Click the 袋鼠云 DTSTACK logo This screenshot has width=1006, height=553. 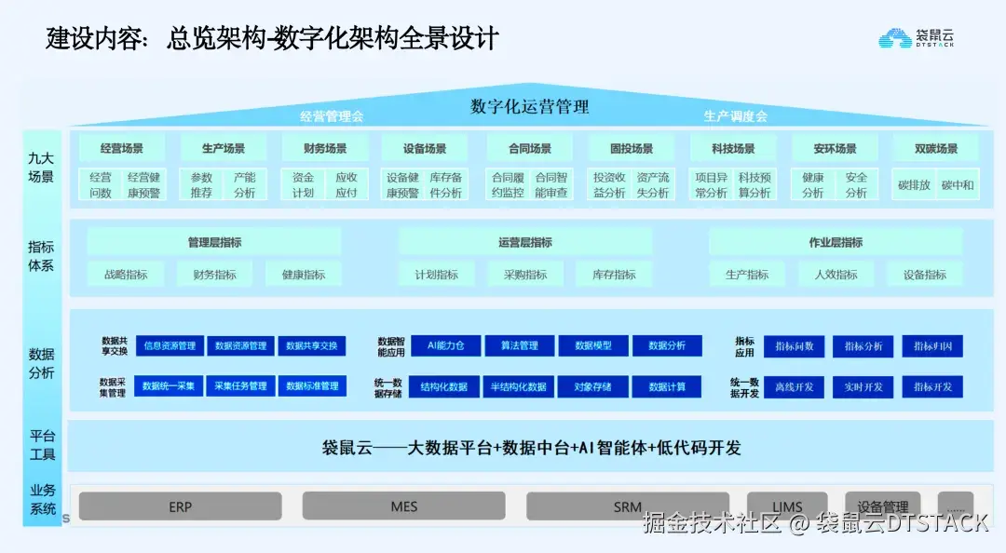click(x=917, y=38)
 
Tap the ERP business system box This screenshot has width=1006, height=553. click(x=180, y=506)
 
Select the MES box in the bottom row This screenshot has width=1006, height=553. click(x=403, y=506)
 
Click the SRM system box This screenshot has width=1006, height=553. click(x=627, y=506)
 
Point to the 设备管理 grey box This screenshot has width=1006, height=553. click(x=882, y=506)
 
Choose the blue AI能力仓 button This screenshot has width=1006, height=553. click(x=445, y=345)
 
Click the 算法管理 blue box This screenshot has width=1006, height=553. click(x=520, y=345)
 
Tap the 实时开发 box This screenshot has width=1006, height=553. click(x=863, y=386)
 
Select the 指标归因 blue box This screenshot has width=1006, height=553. click(x=932, y=346)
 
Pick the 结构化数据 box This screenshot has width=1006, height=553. click(x=444, y=386)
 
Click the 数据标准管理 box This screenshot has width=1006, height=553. click(x=312, y=385)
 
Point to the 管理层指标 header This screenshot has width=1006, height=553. click(x=214, y=242)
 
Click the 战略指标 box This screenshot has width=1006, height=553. click(x=126, y=275)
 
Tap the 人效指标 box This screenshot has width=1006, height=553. click(x=836, y=275)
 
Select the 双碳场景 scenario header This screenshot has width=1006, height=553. click(x=936, y=148)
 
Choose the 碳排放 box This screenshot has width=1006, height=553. click(x=914, y=184)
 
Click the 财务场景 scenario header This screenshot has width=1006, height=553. click(x=325, y=148)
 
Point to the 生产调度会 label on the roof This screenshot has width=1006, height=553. click(x=735, y=116)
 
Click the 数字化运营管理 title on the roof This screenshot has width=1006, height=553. click(x=529, y=106)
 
